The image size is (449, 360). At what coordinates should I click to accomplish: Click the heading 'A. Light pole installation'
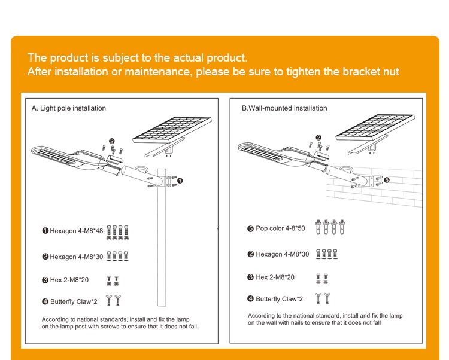pos(69,108)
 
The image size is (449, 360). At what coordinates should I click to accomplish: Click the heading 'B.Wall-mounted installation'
pos(284,108)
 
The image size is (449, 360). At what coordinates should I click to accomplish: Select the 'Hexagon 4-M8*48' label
pos(74,231)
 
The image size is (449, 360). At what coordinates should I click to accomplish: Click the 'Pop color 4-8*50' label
pos(276,228)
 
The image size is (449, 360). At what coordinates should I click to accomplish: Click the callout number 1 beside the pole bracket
pos(180,180)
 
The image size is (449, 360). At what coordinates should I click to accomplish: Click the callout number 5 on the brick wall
pos(387,179)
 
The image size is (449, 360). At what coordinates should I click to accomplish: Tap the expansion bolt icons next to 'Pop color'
pos(334,227)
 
